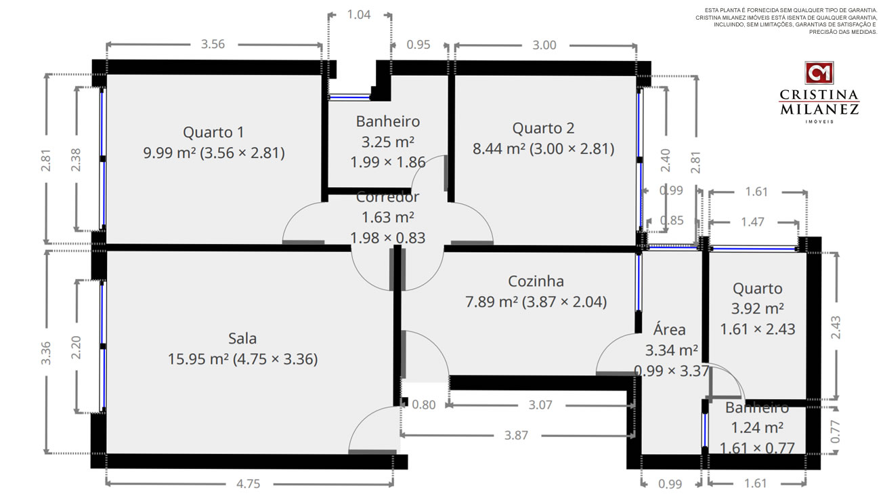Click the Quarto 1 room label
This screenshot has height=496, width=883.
pos(213,132)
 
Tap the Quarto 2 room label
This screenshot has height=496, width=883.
pos(543,128)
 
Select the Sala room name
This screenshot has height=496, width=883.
pos(242,339)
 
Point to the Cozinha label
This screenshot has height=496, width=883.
pos(536,281)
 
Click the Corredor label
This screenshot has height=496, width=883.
pos(387,197)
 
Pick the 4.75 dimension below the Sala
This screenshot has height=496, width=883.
pos(249,484)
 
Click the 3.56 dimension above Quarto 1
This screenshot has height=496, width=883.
pos(213,44)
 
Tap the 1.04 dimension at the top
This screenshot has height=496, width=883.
pos(359,15)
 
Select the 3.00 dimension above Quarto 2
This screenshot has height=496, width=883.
pos(544,45)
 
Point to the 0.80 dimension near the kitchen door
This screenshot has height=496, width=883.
pos(424,405)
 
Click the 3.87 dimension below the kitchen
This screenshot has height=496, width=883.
pos(517,435)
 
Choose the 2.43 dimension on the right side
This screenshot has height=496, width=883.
pos(836,327)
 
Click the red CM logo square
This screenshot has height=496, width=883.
pos(819,73)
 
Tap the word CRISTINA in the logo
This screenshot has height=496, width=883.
pos(819,95)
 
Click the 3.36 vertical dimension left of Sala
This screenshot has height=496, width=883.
pos(46,353)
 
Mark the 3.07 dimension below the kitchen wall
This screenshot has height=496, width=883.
pos(540,405)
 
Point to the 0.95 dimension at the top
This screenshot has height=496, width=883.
pos(418,45)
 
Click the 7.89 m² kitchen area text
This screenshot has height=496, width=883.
pos(492,302)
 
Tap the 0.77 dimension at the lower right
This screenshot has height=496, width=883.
pos(836,432)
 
